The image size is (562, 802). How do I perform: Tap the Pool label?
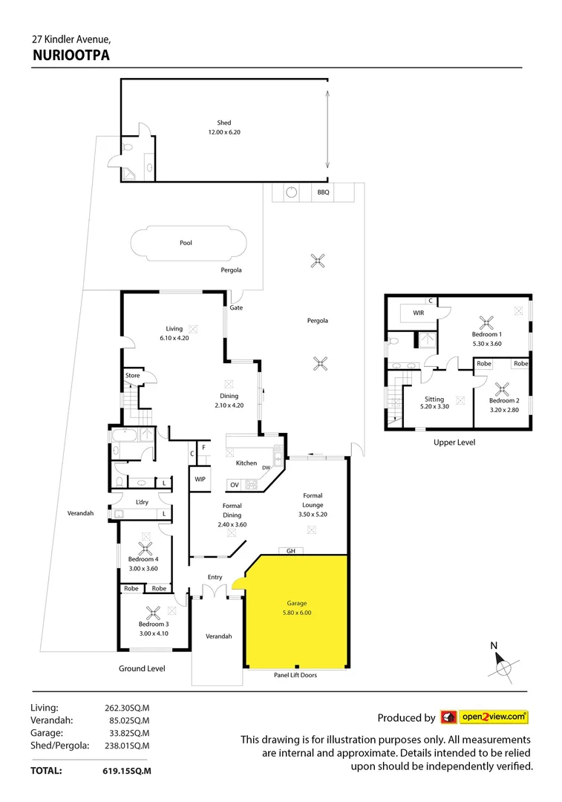coord(186,243)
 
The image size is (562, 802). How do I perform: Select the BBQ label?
coord(323,192)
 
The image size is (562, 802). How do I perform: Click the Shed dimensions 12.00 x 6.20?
coord(224,132)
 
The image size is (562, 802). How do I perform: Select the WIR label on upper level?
coord(419,313)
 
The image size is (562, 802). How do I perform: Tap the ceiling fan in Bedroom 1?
coord(487,322)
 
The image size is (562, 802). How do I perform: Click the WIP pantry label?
coord(200,479)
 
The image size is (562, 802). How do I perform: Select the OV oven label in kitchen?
coord(234,485)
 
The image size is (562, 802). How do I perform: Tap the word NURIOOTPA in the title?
coord(71,53)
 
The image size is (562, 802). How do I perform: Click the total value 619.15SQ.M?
coord(126,772)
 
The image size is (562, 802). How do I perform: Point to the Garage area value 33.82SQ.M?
coord(126,733)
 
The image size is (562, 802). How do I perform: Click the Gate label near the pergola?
coord(236,307)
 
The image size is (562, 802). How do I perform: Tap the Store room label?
coord(132,376)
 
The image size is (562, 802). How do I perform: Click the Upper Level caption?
coord(454,443)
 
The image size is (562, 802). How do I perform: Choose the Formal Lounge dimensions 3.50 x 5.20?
coord(312,514)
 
